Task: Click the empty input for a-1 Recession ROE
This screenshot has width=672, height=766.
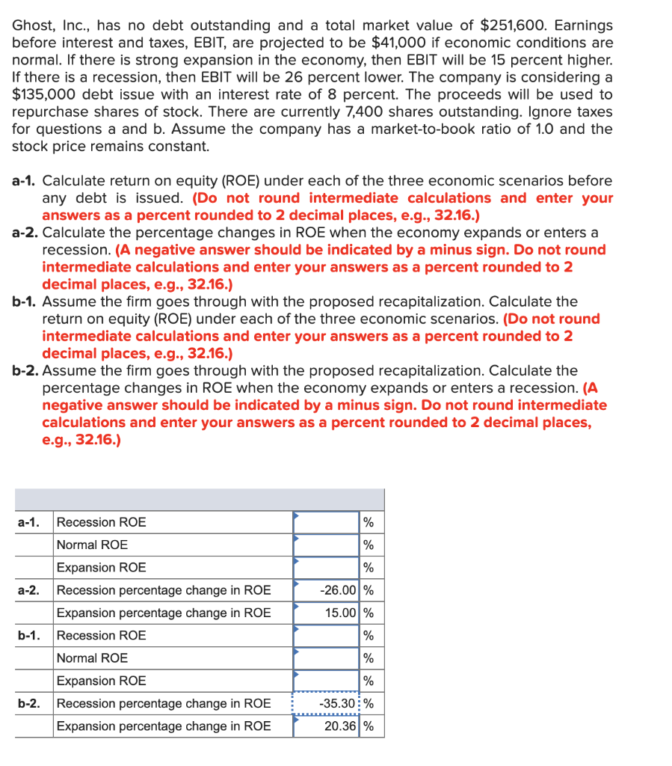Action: click(x=326, y=522)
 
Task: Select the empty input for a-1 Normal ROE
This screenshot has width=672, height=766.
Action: click(x=326, y=545)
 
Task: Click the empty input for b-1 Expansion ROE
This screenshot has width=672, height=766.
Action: click(x=326, y=681)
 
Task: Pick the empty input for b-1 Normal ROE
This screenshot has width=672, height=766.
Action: click(x=326, y=658)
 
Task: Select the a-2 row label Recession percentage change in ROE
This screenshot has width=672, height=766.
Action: click(x=164, y=590)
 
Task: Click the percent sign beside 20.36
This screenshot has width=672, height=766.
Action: click(x=369, y=726)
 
